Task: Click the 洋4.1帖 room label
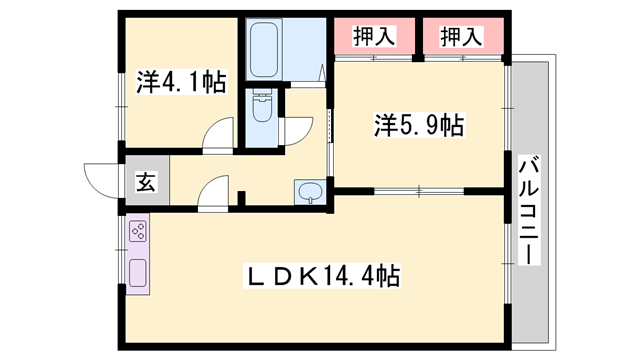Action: (181, 82)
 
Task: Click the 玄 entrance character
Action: (146, 183)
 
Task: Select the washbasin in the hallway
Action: (310, 191)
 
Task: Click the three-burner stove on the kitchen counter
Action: (138, 235)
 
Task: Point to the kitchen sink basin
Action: (138, 271)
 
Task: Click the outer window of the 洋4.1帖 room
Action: (121, 82)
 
